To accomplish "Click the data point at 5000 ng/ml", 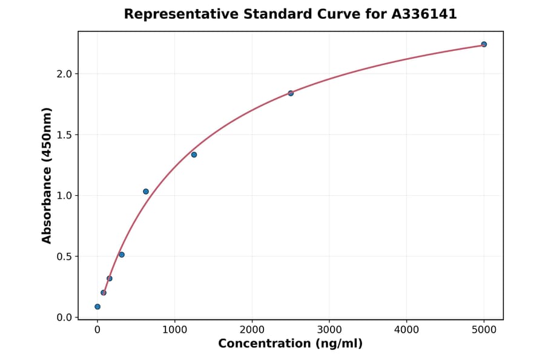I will pos(484,44).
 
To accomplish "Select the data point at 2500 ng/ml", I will pos(291,93).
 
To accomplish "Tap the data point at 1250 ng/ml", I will pos(194,155).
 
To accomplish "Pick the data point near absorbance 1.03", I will pos(146,192).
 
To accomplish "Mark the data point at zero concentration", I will pos(97,307).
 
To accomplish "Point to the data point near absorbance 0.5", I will pos(122,255).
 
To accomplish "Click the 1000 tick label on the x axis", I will pos(174,330).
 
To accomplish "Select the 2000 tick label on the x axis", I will pos(252,330).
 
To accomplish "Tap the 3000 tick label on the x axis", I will pos(329,330).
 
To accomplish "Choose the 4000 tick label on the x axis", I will pos(406,330).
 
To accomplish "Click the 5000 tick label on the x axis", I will pos(484,330).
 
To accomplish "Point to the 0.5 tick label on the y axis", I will pos(64,256).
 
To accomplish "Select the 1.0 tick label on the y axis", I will pos(64,196).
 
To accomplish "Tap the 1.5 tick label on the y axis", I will pos(64,135).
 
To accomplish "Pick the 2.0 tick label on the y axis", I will pos(64,74).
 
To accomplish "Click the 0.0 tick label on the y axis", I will pos(64,318).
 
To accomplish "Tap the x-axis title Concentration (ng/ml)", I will pos(290,344).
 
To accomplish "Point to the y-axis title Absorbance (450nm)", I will pos(47,175).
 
